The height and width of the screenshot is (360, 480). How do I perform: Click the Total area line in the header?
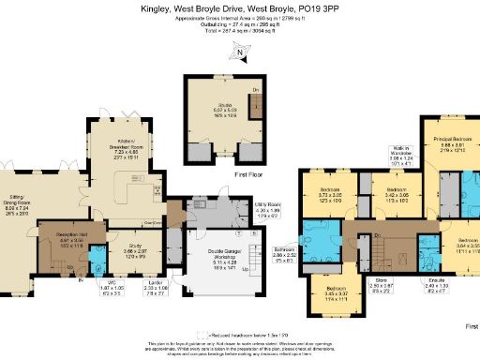239,31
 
